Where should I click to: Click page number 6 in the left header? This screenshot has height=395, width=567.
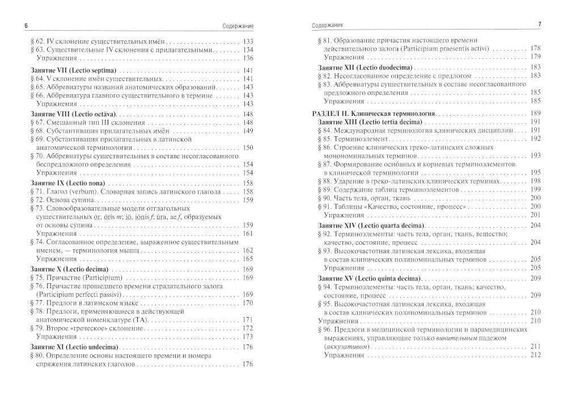[21, 24]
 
